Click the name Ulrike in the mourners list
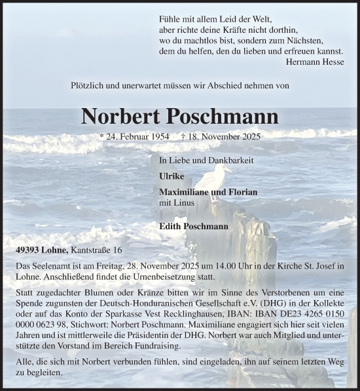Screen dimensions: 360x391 (x=171, y=176)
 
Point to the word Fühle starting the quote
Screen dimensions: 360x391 (x=170, y=20)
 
